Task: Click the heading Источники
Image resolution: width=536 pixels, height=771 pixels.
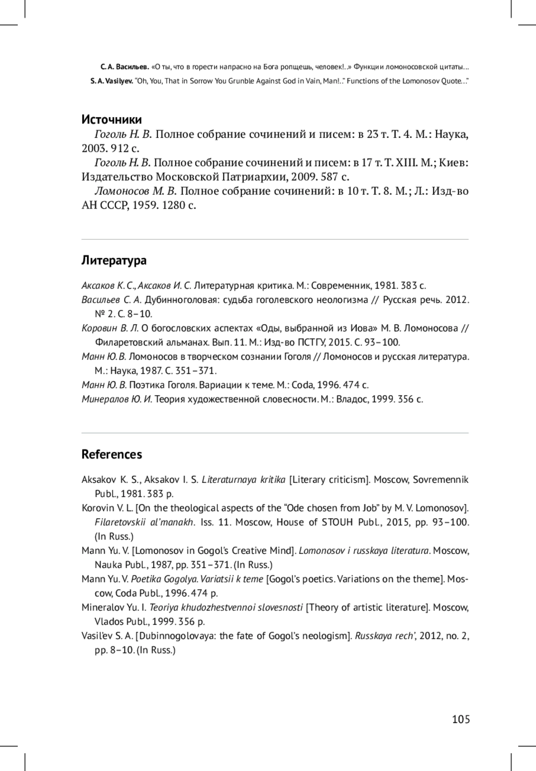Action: tap(112, 120)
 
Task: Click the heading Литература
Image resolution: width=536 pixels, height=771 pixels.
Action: tap(114, 260)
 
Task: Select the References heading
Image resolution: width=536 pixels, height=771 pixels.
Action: tap(112, 454)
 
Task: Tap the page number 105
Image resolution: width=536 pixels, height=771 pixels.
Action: tap(461, 719)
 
